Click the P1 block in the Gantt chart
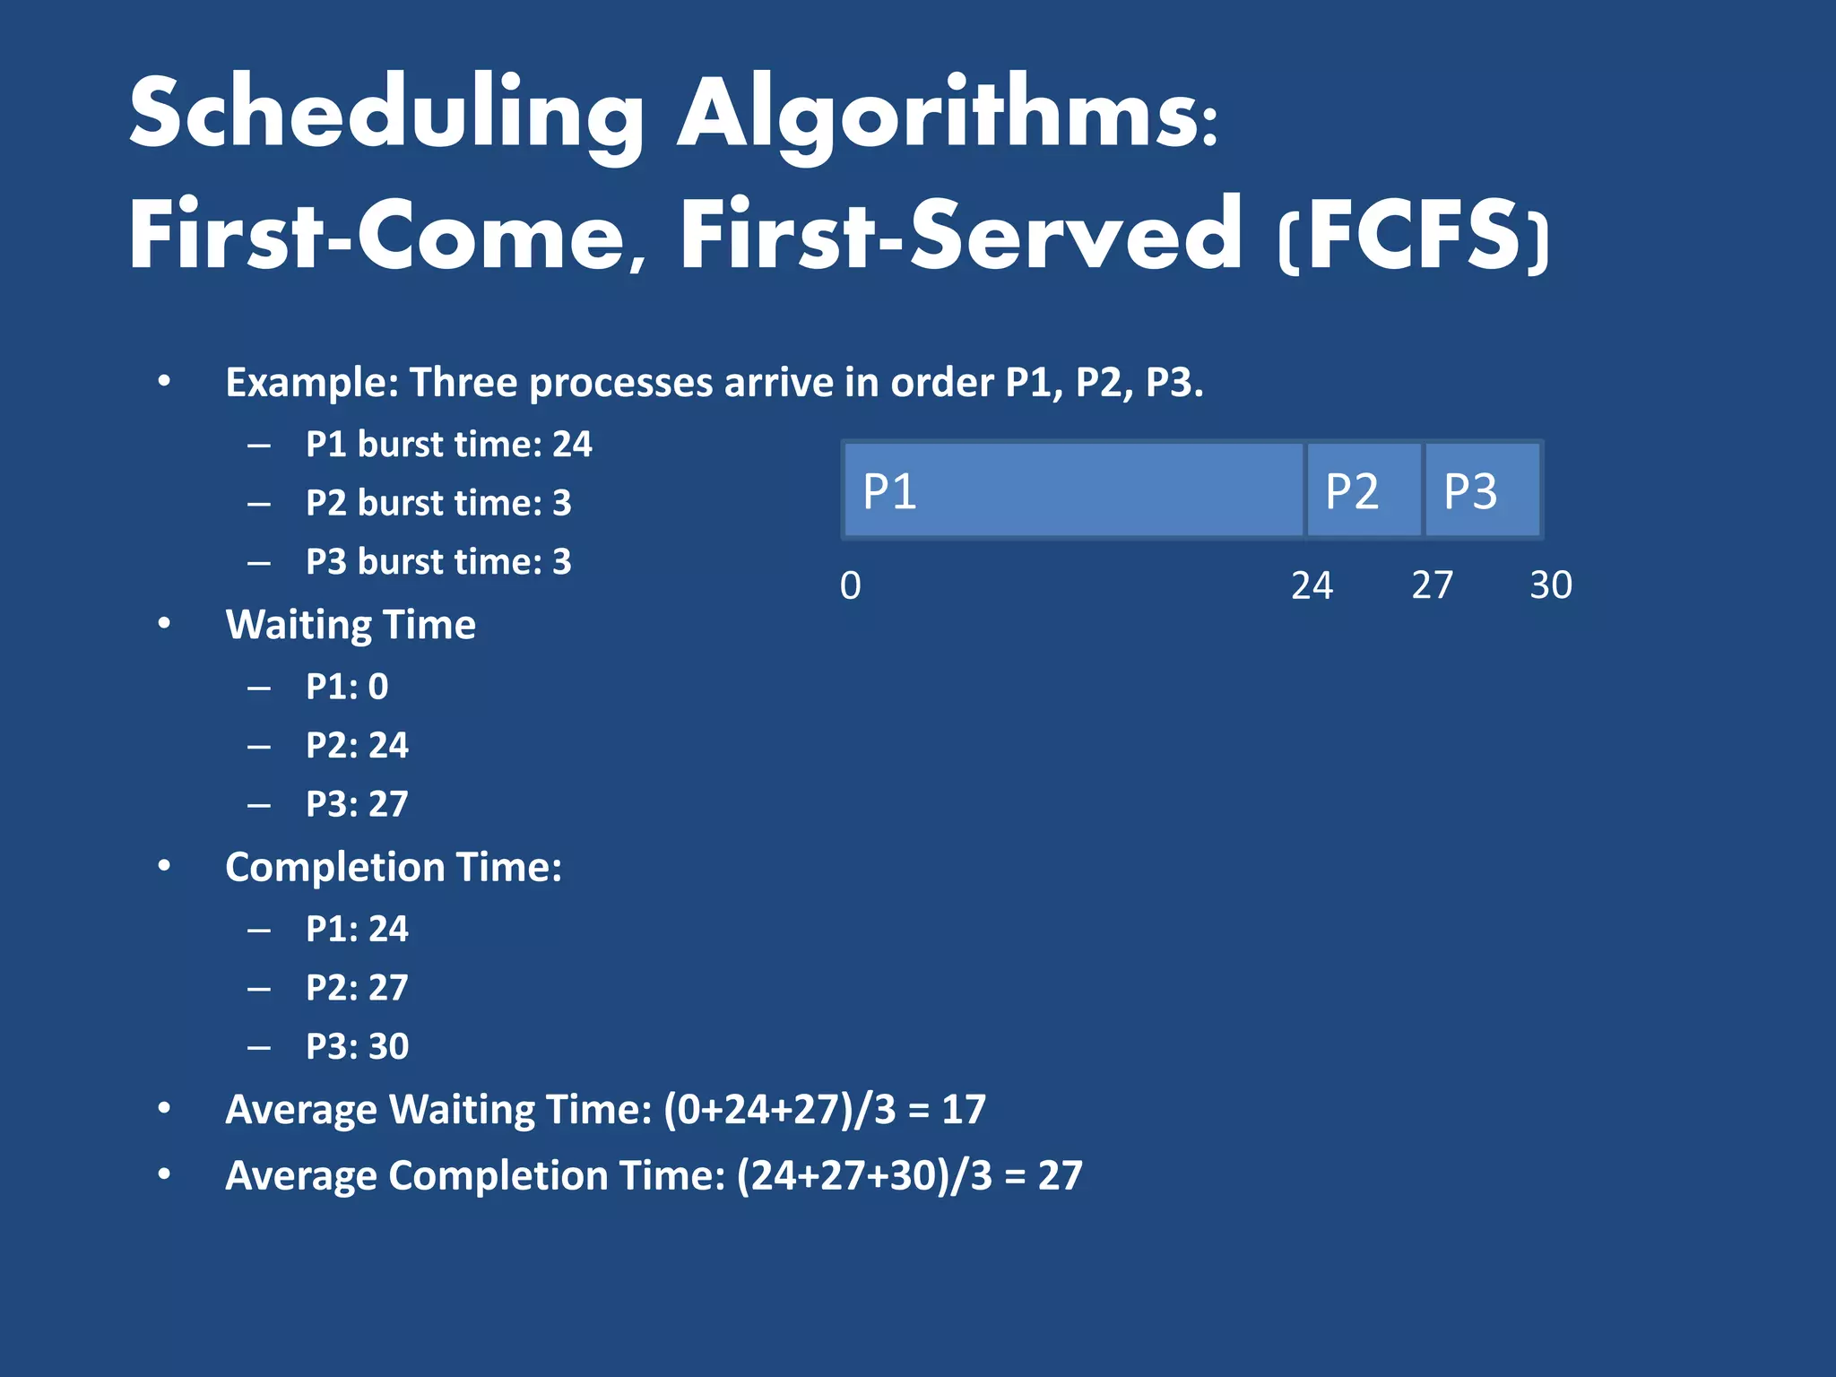(x=1073, y=490)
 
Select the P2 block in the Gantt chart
(x=1364, y=490)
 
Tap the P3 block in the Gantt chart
(x=1482, y=490)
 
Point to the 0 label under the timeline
(x=850, y=585)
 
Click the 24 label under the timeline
(x=1312, y=585)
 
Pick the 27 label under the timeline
(x=1432, y=585)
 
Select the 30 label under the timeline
(x=1550, y=585)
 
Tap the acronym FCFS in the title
(x=1414, y=235)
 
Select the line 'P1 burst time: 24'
(x=448, y=445)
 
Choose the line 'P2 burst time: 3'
(x=437, y=503)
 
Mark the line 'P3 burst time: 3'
(x=437, y=562)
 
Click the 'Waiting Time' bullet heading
(x=351, y=625)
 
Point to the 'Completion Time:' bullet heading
(x=394, y=867)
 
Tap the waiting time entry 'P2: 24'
(x=357, y=746)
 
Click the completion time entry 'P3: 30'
(x=357, y=1046)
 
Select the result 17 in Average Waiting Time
(x=964, y=1110)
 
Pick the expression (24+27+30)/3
(x=864, y=1175)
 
